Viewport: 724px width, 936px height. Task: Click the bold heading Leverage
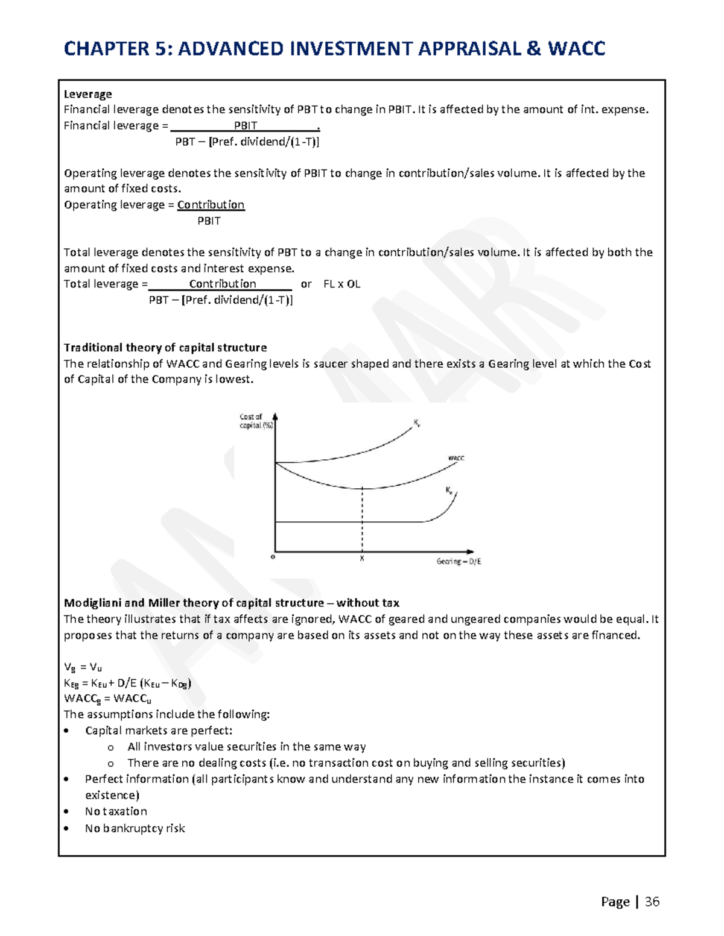[x=87, y=94]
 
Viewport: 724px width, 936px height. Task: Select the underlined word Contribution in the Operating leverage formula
[x=211, y=205]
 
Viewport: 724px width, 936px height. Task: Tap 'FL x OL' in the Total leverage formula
[x=341, y=284]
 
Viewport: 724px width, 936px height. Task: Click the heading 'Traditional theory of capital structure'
[x=165, y=348]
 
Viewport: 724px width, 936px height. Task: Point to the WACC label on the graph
[x=456, y=458]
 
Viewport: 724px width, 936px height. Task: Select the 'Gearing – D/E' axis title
[x=459, y=561]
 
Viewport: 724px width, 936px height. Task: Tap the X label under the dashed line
[x=362, y=559]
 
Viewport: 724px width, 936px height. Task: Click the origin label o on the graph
[x=273, y=557]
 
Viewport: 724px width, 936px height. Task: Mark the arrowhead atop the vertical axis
[x=275, y=416]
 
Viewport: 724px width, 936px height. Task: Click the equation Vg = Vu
[x=83, y=667]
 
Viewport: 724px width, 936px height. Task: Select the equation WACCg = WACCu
[x=107, y=699]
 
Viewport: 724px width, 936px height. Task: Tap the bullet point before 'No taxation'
[x=66, y=812]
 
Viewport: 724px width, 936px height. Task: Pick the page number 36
[x=652, y=902]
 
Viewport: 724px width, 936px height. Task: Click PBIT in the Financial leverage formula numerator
[x=246, y=125]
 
